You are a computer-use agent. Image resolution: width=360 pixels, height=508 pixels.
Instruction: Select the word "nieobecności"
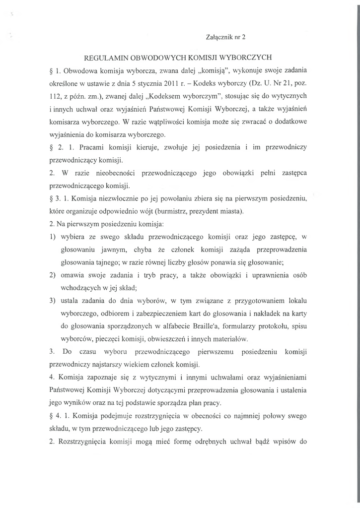(114, 174)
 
